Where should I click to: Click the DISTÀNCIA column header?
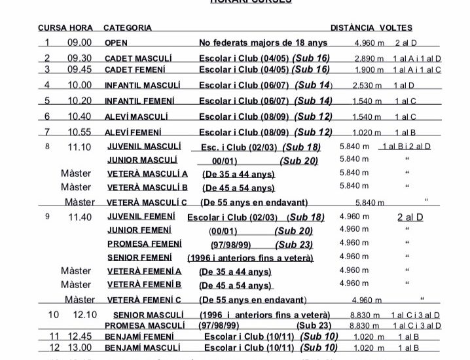[353, 28]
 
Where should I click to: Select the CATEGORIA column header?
[128, 28]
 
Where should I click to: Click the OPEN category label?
[116, 43]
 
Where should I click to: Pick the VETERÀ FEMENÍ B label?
[143, 285]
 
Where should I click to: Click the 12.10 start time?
[85, 315]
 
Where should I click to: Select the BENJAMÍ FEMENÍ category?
[137, 337]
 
